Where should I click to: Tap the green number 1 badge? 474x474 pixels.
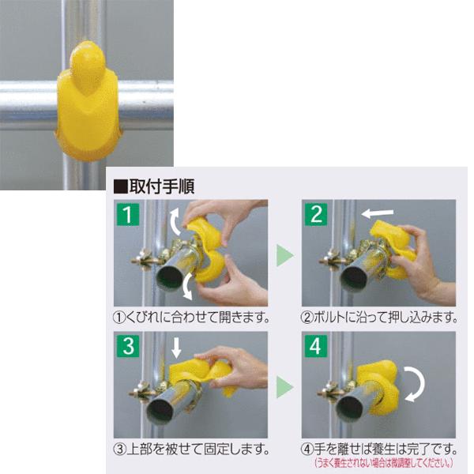coord(126,213)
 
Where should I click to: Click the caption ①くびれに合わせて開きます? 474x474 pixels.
coord(192,318)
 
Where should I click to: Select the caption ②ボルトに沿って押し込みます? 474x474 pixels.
coord(379,318)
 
